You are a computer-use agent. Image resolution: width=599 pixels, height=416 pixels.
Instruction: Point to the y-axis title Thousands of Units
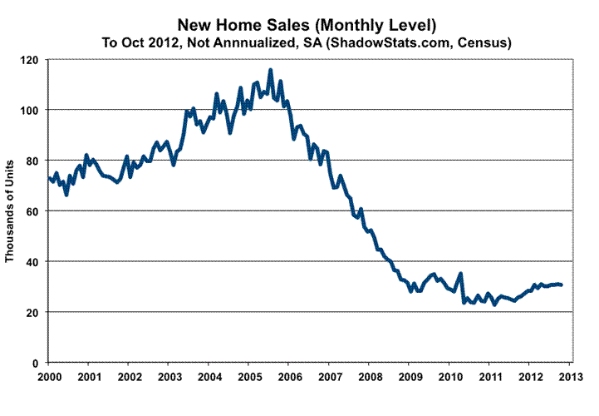pyautogui.click(x=12, y=210)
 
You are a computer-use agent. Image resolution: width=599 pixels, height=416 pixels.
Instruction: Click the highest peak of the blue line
pyautogui.click(x=270, y=71)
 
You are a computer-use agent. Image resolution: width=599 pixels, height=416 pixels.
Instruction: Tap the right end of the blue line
pyautogui.click(x=562, y=285)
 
